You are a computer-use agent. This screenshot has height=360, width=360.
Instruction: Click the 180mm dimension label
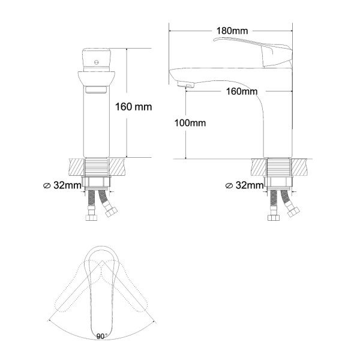coord(232,31)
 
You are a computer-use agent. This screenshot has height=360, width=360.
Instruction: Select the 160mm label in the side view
coord(242,92)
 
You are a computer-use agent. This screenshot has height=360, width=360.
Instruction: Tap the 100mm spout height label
coord(190,123)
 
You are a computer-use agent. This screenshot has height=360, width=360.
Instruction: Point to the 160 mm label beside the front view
coord(133,107)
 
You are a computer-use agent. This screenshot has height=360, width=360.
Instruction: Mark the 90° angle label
coord(101,337)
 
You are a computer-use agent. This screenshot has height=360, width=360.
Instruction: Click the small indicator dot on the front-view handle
coord(97,62)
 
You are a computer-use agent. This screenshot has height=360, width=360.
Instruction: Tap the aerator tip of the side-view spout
coord(185,85)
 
